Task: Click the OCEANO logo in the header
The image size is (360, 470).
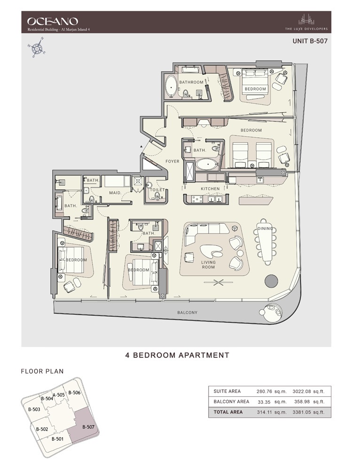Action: [52, 21]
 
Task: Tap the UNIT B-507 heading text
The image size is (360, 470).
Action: [309, 41]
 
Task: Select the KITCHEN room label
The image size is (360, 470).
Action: [210, 189]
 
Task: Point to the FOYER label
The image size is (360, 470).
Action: [172, 162]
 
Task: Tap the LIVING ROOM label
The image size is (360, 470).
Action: [208, 265]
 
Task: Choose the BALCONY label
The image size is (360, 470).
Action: [187, 313]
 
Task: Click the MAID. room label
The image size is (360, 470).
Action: [116, 193]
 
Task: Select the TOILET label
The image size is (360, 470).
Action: [157, 190]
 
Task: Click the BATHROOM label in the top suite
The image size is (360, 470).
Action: [191, 82]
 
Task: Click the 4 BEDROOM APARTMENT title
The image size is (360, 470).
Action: [177, 355]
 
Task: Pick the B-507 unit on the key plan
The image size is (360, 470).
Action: [88, 427]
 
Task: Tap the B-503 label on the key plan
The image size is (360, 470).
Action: [34, 409]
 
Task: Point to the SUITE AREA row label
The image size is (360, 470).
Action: [227, 391]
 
